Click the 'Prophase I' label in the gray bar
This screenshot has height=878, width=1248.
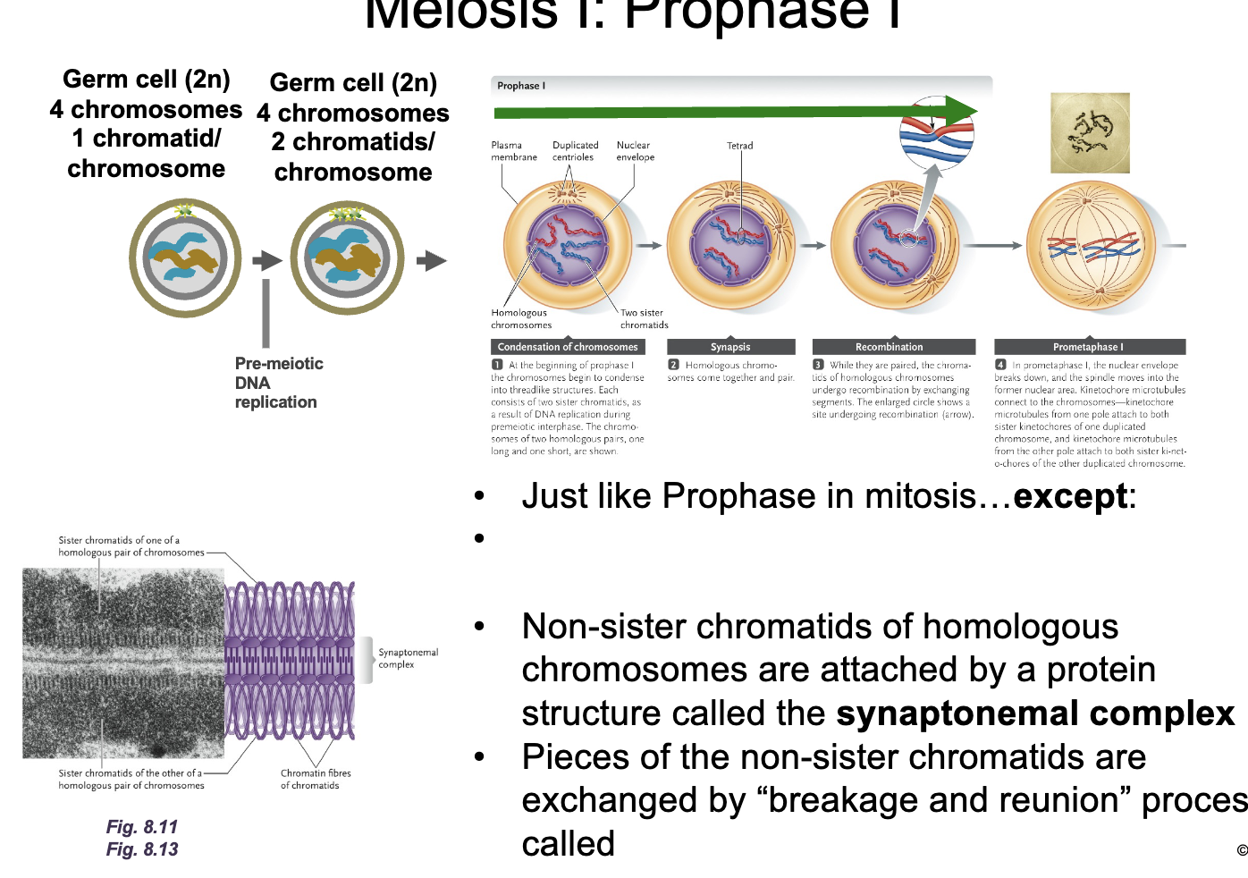(x=521, y=86)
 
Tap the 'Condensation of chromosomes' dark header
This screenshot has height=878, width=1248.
(x=568, y=347)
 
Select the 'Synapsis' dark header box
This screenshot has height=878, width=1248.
(x=730, y=347)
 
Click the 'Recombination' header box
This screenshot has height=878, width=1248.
(x=889, y=347)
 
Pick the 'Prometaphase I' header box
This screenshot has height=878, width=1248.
(x=1089, y=347)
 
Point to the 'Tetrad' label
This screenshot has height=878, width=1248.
(x=739, y=146)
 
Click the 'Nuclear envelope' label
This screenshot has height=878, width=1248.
(x=635, y=151)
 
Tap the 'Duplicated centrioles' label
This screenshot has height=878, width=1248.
(x=575, y=151)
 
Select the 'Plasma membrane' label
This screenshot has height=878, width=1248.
(x=514, y=151)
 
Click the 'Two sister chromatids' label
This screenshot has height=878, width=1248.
(x=644, y=319)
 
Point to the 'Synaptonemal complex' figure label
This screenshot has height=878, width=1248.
(x=408, y=658)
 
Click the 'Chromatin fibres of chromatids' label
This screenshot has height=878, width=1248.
(x=316, y=779)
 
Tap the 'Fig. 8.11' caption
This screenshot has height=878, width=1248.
(x=142, y=827)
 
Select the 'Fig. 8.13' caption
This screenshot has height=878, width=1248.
(x=142, y=849)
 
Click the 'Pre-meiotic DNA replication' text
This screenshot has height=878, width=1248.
(x=278, y=383)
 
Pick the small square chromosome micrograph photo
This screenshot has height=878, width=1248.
(x=1090, y=133)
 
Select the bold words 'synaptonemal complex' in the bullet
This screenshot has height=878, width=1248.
(x=1035, y=713)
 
